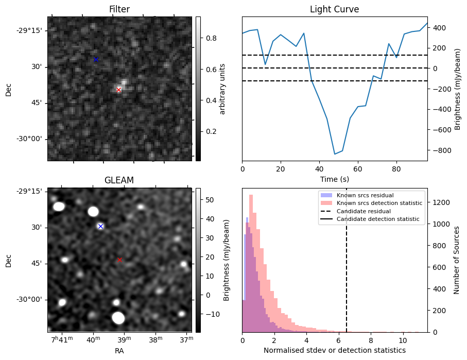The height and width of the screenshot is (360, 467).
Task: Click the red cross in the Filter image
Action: [x=119, y=90]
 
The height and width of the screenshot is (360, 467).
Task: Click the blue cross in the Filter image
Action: [x=96, y=60]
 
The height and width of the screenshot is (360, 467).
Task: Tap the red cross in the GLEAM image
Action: [x=120, y=260]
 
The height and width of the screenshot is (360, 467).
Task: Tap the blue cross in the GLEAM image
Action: [x=100, y=226]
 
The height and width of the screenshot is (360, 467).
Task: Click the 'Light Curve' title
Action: [x=334, y=10]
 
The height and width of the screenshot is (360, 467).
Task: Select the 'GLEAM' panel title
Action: [x=119, y=180]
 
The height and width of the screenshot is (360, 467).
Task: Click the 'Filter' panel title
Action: [x=119, y=10]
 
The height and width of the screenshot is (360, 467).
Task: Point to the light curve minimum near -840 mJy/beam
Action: [x=335, y=154]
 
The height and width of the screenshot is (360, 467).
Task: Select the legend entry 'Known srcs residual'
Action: [x=365, y=196]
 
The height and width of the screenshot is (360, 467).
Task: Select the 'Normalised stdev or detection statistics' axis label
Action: [x=335, y=350]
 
